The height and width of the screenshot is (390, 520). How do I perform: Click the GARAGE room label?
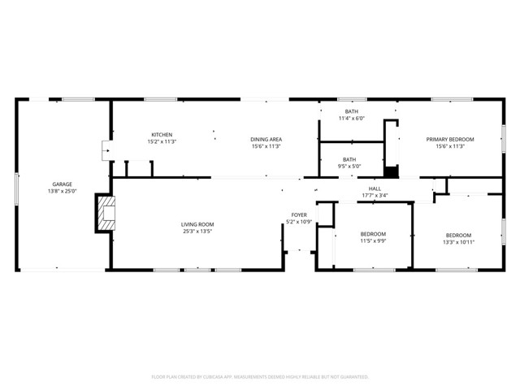tap(63, 184)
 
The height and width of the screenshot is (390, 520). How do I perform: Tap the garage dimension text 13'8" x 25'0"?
tap(63, 192)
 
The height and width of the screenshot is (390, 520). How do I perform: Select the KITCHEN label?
tap(162, 135)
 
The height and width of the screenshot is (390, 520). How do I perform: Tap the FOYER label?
tap(299, 214)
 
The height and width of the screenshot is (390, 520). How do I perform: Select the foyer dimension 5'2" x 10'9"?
tap(299, 222)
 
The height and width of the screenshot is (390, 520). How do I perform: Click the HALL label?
tap(375, 188)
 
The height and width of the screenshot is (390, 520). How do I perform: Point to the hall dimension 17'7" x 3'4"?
tap(375, 195)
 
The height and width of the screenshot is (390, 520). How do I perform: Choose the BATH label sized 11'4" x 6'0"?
tap(351, 111)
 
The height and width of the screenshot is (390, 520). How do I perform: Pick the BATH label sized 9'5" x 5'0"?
tap(349, 159)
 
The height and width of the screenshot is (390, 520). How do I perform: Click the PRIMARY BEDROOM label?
tap(450, 139)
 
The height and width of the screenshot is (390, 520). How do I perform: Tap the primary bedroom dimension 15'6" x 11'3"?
tap(450, 146)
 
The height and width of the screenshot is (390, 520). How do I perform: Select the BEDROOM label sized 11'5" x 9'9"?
tap(373, 233)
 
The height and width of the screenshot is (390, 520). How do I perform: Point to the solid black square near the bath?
tap(392, 171)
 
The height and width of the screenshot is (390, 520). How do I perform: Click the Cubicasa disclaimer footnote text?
tap(260, 377)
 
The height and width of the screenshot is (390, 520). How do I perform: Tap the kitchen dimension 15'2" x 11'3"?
tap(162, 142)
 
